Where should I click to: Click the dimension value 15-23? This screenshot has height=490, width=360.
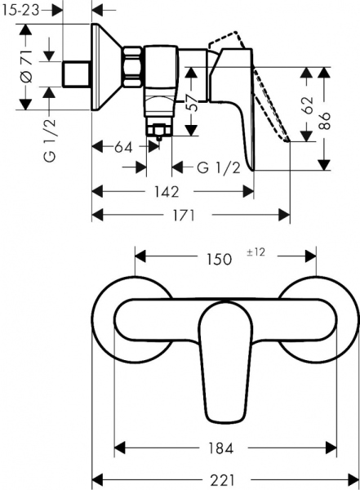pyautogui.click(x=20, y=11)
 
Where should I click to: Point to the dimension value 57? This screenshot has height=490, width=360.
pyautogui.click(x=189, y=102)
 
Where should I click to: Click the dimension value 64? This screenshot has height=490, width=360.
pyautogui.click(x=123, y=147)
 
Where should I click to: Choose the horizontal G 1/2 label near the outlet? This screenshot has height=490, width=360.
pyautogui.click(x=218, y=168)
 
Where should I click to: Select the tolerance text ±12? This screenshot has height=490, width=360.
pyautogui.click(x=256, y=252)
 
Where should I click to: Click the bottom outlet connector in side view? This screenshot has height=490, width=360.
pyautogui.click(x=158, y=131)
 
